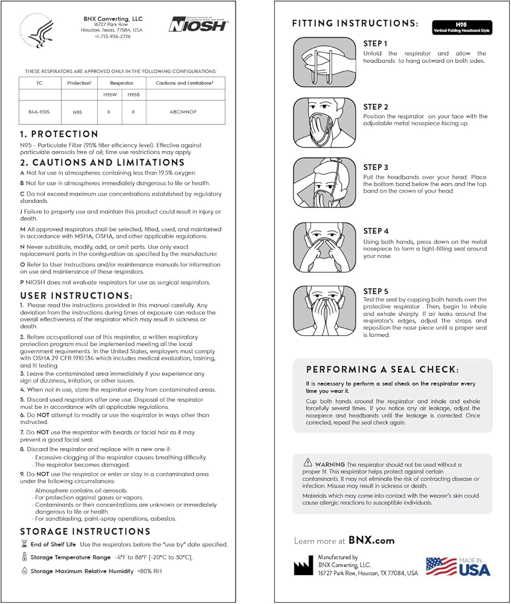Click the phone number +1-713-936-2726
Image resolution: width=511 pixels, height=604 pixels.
pyautogui.click(x=112, y=37)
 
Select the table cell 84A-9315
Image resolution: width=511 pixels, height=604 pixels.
pyautogui.click(x=40, y=112)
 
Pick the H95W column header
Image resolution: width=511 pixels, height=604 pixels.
pyautogui.click(x=109, y=94)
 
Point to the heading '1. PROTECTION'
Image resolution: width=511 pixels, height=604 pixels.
pyautogui.click(x=59, y=134)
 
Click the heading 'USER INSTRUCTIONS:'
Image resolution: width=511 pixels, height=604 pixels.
pyautogui.click(x=76, y=295)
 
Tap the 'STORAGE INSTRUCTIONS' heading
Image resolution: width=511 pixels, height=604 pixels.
pyautogui.click(x=85, y=532)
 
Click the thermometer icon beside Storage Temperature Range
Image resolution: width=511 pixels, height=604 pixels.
pyautogui.click(x=24, y=557)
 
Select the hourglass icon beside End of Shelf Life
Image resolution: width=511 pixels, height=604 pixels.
pyautogui.click(x=24, y=544)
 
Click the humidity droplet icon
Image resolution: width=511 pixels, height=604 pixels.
pyautogui.click(x=24, y=570)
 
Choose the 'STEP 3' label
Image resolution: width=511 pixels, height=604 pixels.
pyautogui.click(x=376, y=167)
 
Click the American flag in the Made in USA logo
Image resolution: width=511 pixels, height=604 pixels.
pyautogui.click(x=441, y=566)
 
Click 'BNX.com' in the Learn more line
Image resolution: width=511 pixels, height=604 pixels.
pyautogui.click(x=371, y=541)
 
